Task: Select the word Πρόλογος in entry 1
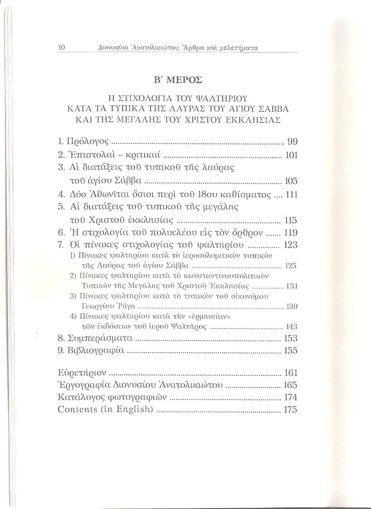pos(88,142)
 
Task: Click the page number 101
pos(291,155)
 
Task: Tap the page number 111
pos(291,194)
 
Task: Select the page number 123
pos(291,245)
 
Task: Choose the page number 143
pos(291,327)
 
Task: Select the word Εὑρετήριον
pos(82,373)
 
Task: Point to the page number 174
pos(291,397)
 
